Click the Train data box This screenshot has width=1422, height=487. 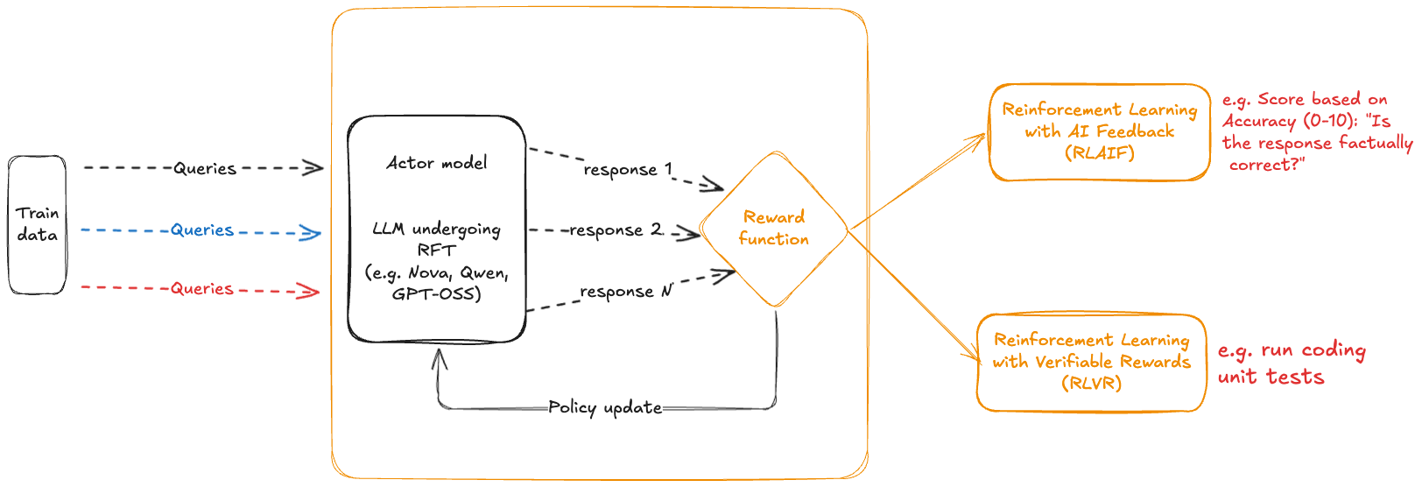[x=38, y=224]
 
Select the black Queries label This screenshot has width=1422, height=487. [x=204, y=168]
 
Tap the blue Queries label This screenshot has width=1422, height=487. [x=202, y=230]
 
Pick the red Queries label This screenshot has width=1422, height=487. [x=202, y=289]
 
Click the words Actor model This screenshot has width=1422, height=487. [x=437, y=163]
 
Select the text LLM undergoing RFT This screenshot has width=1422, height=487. [x=437, y=238]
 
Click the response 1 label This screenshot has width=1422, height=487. [x=627, y=169]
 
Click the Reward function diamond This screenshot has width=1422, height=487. [x=774, y=229]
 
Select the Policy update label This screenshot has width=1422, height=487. [x=605, y=407]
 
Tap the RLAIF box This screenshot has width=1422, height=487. [x=1100, y=131]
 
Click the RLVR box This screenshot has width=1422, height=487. [x=1092, y=362]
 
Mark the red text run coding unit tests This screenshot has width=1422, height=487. [x=1291, y=363]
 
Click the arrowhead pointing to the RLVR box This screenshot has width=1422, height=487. [x=975, y=356]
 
